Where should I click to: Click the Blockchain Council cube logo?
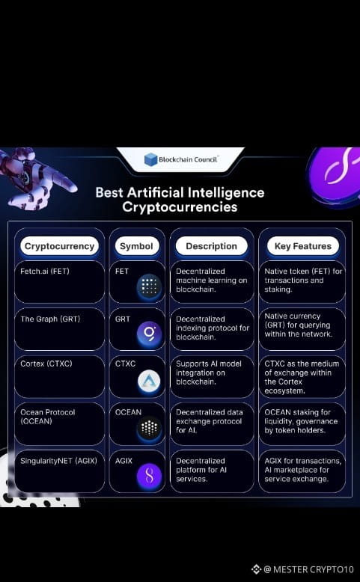pyautogui.click(x=151, y=159)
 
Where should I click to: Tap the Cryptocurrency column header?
pyautogui.click(x=59, y=246)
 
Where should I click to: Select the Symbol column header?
pyautogui.click(x=137, y=246)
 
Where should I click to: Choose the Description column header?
pyautogui.click(x=211, y=246)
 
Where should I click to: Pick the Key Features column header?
pyautogui.click(x=303, y=246)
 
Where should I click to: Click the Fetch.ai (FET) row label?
pyautogui.click(x=45, y=272)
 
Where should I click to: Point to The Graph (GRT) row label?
pyautogui.click(x=51, y=319)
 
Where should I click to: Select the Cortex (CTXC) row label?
pyautogui.click(x=46, y=364)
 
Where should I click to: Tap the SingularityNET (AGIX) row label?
pyautogui.click(x=58, y=461)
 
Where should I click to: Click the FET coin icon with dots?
pyautogui.click(x=149, y=287)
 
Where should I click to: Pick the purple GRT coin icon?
pyautogui.click(x=149, y=333)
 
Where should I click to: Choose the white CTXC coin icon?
pyautogui.click(x=149, y=381)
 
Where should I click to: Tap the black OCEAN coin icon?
pyautogui.click(x=149, y=429)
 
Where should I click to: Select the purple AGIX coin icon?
pyautogui.click(x=149, y=476)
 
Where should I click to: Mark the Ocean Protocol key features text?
pyautogui.click(x=302, y=421)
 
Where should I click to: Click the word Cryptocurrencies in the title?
pyautogui.click(x=180, y=206)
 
